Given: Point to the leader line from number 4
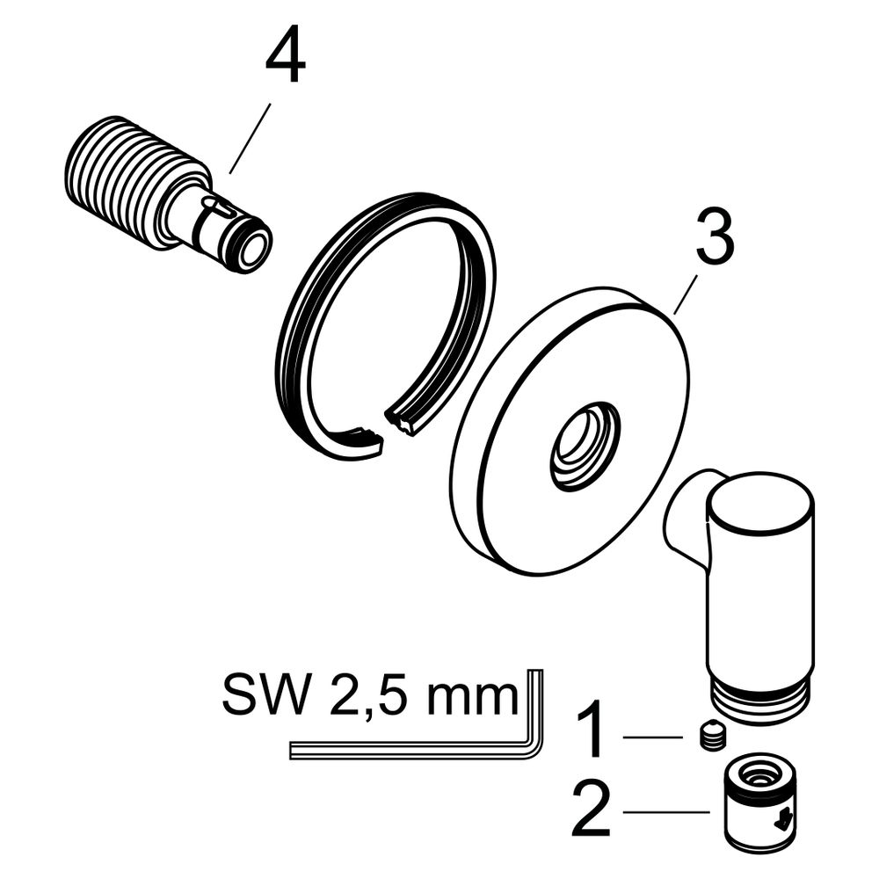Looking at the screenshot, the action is pyautogui.click(x=250, y=138).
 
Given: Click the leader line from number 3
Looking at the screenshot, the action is pyautogui.click(x=685, y=294).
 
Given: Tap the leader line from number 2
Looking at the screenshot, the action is pyautogui.click(x=667, y=811).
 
